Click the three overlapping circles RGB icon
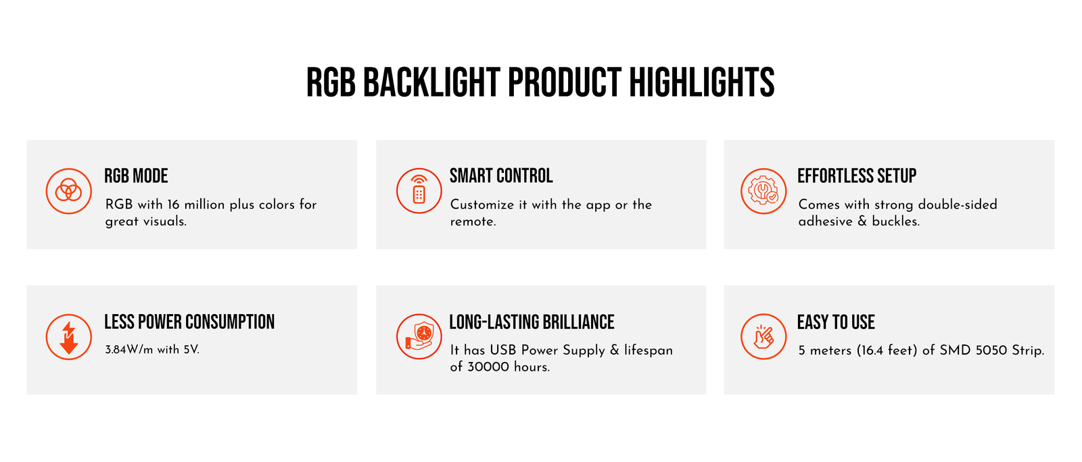(x=68, y=191)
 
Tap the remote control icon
(x=419, y=191)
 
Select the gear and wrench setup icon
(x=763, y=191)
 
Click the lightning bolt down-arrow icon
(x=68, y=336)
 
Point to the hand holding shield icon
(x=419, y=336)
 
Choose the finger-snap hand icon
(x=763, y=336)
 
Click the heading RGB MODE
(x=136, y=176)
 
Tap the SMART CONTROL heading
(x=501, y=176)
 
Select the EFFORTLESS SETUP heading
(x=856, y=176)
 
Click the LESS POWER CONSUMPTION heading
(x=189, y=322)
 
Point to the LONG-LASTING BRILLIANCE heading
(x=532, y=322)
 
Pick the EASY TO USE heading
(x=836, y=322)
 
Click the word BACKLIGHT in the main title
(x=431, y=82)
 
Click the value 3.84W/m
(x=129, y=350)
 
